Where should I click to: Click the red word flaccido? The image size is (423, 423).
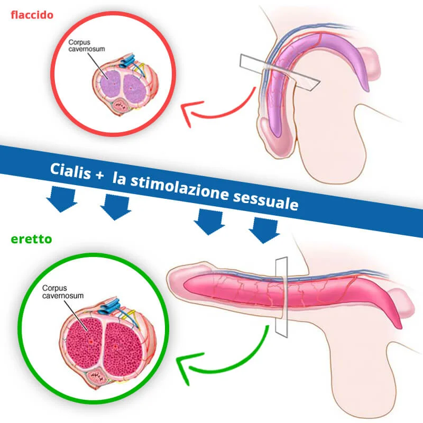click(32, 15)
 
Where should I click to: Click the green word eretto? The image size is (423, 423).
click(31, 240)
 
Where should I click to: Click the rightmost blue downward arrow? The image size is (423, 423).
click(264, 229)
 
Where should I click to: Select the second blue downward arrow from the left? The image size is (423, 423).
click(115, 206)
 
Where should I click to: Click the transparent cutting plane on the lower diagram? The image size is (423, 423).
click(281, 296)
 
